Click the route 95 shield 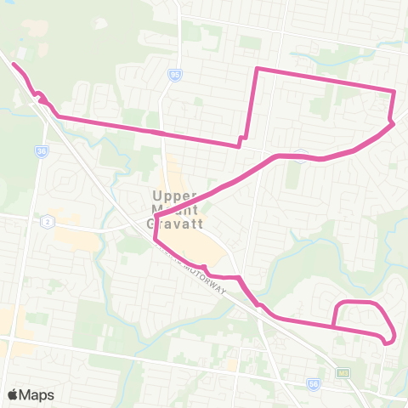[x=175, y=75]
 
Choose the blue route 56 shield [x=314, y=384]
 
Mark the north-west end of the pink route [x=14, y=64]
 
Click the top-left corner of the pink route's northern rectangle [x=258, y=68]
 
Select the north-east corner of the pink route [x=394, y=90]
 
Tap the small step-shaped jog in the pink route [x=242, y=139]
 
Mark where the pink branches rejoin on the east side [x=392, y=124]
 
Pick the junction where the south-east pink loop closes [x=334, y=326]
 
